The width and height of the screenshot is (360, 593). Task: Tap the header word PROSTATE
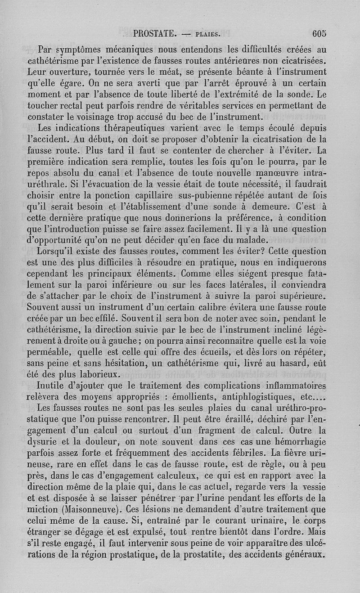(x=154, y=33)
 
